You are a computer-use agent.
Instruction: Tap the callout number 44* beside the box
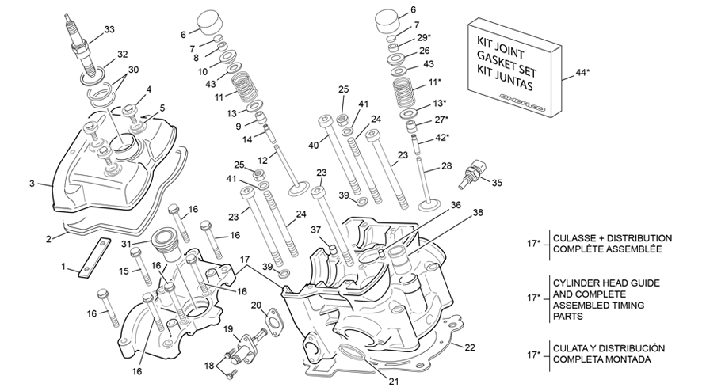pos(583,72)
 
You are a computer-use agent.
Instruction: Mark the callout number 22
pos(470,347)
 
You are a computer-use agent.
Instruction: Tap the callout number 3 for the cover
pos(32,184)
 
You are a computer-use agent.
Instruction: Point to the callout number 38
pos(477,213)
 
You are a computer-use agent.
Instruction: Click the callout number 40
pos(313,145)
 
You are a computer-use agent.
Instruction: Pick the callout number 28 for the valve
pos(446,165)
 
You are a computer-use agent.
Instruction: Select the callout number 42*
pos(441,137)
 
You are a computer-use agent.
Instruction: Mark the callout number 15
pos(122,271)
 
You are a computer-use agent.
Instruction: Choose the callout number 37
pos(316,230)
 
